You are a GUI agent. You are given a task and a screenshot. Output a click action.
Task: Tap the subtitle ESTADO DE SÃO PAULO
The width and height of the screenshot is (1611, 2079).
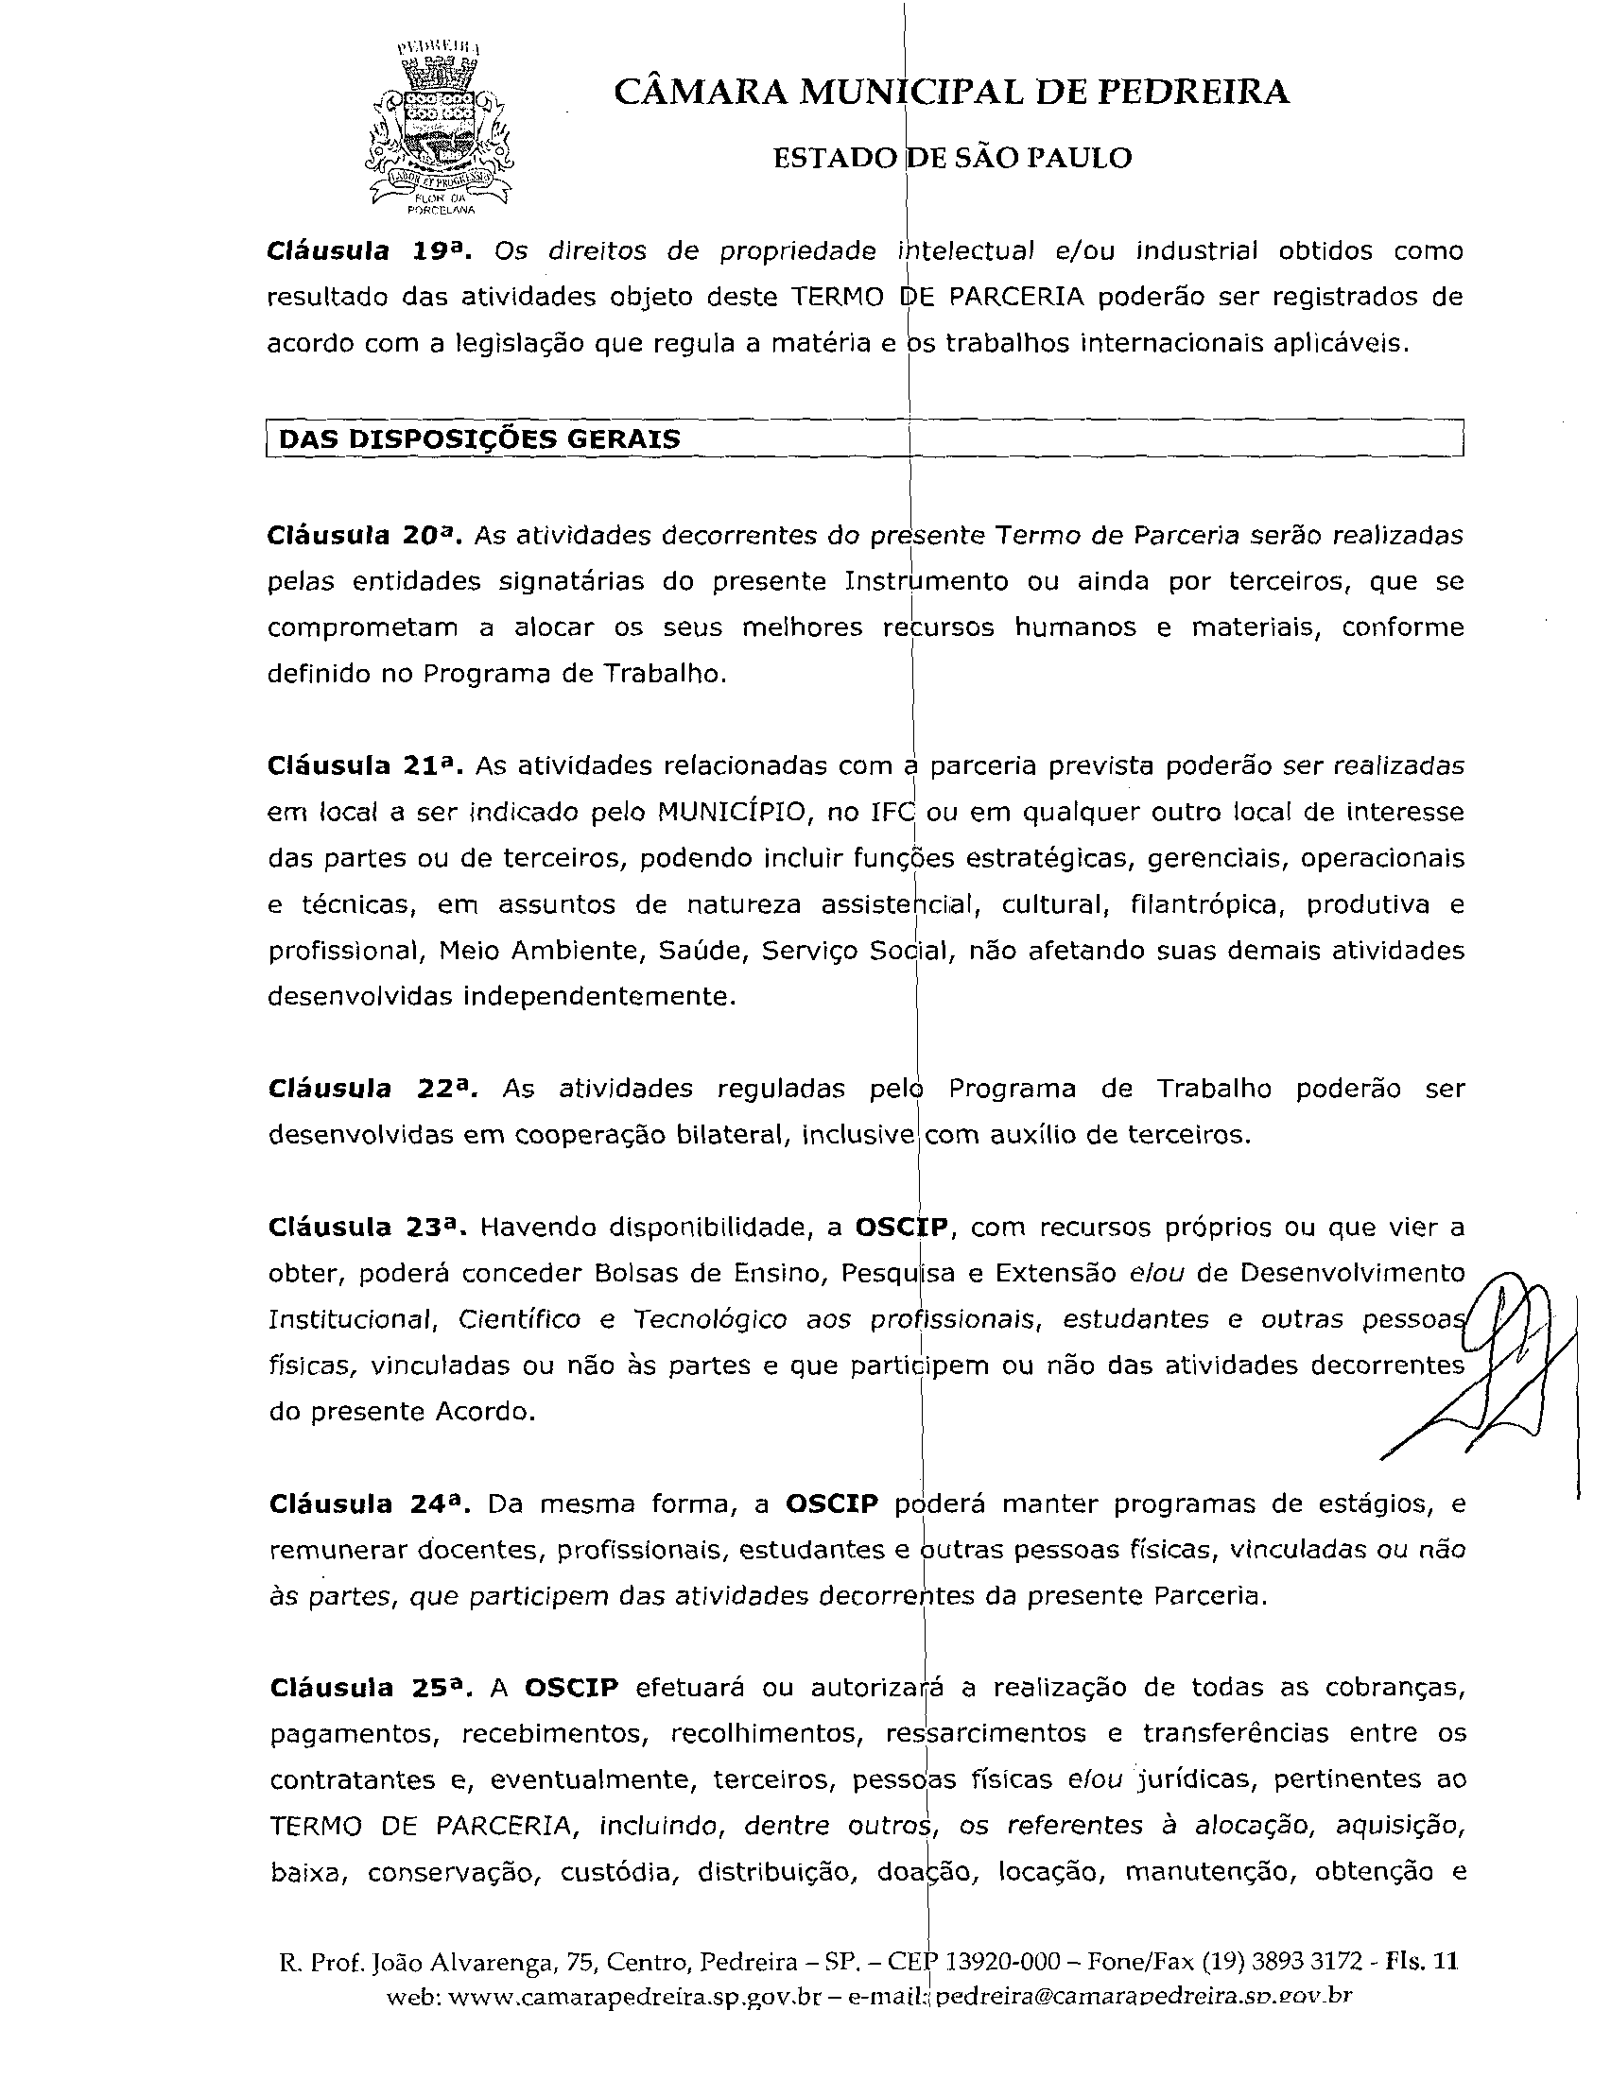click(x=952, y=158)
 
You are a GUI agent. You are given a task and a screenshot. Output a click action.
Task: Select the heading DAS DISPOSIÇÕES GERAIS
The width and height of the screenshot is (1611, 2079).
click(x=480, y=439)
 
